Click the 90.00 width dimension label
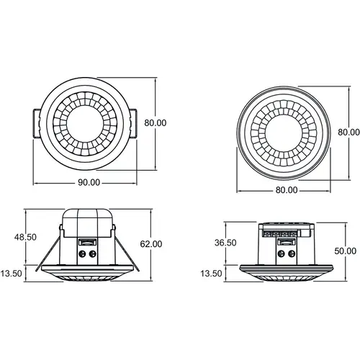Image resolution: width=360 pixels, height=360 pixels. tap(89, 183)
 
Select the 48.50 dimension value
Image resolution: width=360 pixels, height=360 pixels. tap(25, 238)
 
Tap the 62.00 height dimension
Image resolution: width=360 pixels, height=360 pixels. tap(151, 244)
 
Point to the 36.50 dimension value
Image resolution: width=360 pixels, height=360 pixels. tap(225, 243)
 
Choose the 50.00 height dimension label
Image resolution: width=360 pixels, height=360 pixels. tap(346, 251)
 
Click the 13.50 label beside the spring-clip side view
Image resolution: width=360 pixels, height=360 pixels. tap(11, 274)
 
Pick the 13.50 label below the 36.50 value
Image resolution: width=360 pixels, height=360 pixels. tap(211, 274)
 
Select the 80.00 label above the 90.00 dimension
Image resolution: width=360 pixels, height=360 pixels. tap(156, 123)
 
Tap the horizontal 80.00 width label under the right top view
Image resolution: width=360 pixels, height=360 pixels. tap(287, 190)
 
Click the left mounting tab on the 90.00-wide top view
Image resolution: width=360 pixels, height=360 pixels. tap(37, 124)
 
